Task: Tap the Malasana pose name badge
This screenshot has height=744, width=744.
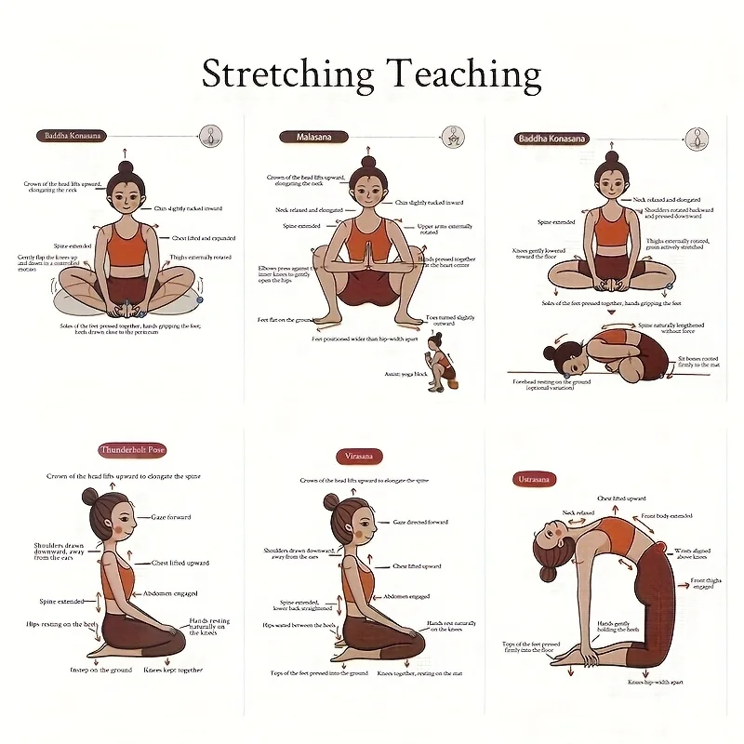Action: (313, 136)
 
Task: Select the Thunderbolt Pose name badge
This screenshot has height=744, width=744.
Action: (132, 450)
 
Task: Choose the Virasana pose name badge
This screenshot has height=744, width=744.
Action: (358, 457)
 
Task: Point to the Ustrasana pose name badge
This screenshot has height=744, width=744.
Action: (535, 479)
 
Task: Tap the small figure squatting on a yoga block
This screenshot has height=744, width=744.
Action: (437, 359)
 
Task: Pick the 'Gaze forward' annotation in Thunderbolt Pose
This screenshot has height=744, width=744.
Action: (170, 517)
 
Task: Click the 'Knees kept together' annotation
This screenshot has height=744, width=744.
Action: (175, 670)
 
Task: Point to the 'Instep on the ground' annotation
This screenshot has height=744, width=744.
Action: (100, 670)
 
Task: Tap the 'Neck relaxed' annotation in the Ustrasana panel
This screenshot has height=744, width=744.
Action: (578, 512)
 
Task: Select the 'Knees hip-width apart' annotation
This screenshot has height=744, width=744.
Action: (657, 683)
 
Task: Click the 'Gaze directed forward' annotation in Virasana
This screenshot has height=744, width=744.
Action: (420, 523)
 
